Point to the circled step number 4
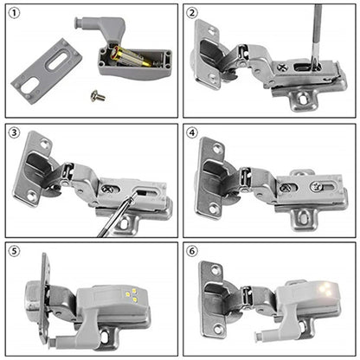point(193,132)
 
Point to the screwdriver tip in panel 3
point(127,201)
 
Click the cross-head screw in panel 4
point(318,187)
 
